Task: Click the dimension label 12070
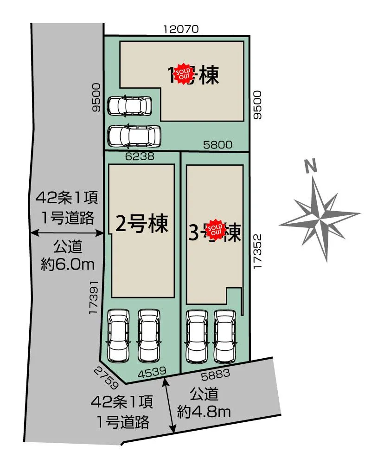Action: pyautogui.click(x=181, y=29)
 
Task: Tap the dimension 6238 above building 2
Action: pyautogui.click(x=140, y=157)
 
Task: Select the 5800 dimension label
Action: pyautogui.click(x=218, y=145)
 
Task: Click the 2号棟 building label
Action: pyautogui.click(x=141, y=225)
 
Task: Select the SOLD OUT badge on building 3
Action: pyautogui.click(x=215, y=229)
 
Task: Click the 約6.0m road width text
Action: pyautogui.click(x=68, y=265)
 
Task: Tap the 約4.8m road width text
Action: pyautogui.click(x=204, y=411)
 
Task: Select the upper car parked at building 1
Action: pyautogui.click(x=129, y=105)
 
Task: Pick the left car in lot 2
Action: pyautogui.click(x=119, y=335)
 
